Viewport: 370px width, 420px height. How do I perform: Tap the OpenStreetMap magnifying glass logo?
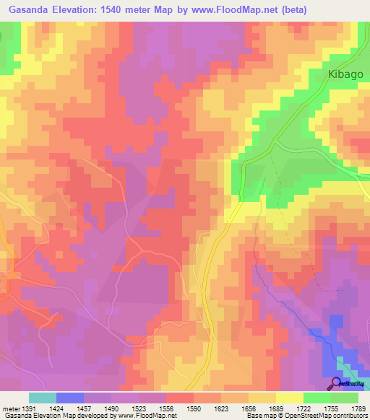coord(335,383)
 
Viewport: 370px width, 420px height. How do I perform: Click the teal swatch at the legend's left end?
coord(42,398)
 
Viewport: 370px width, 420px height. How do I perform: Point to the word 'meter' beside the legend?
coord(9,408)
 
